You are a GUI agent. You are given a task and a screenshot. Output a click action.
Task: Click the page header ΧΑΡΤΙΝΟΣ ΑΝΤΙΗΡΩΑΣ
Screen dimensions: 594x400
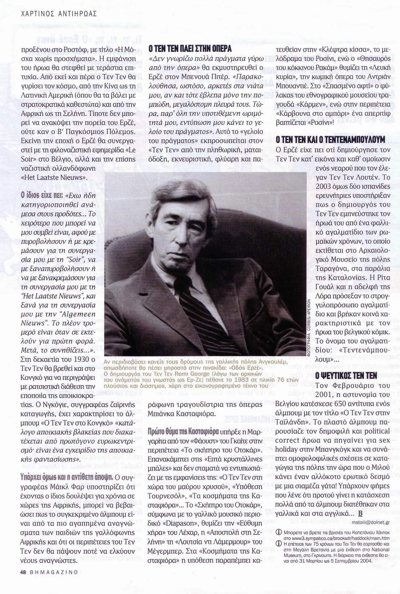tap(59, 14)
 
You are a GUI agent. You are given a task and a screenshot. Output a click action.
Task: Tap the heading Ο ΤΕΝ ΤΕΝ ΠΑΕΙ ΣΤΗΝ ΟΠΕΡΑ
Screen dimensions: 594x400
tap(189, 49)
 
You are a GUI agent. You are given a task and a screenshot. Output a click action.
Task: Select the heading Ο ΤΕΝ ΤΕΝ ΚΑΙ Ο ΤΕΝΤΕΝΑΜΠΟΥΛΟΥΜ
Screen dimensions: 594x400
tap(330, 139)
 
